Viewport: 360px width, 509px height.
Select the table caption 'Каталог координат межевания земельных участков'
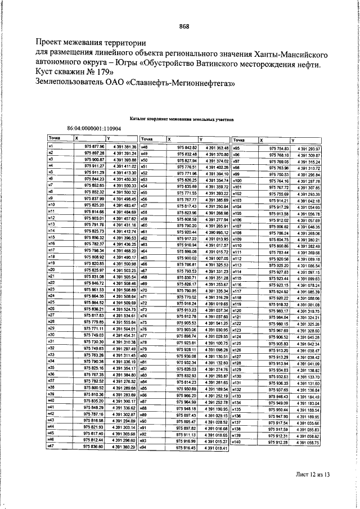click(x=181, y=119)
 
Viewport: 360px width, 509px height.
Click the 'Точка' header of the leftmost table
click(x=55, y=138)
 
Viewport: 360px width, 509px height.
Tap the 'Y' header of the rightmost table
click(x=293, y=139)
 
